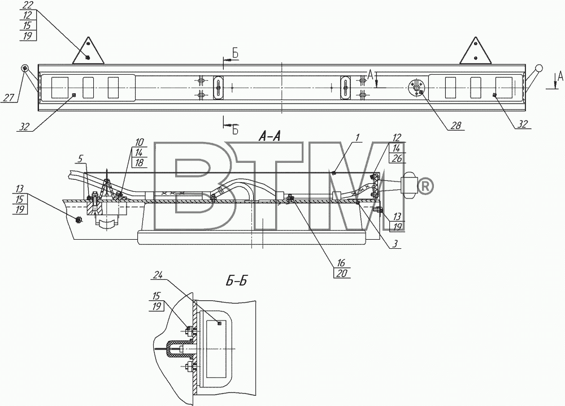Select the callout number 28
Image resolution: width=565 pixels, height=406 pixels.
coord(456,125)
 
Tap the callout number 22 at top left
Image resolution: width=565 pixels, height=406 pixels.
coord(27,5)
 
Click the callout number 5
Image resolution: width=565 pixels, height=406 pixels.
coord(81,158)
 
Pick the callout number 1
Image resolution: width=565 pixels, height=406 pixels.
coord(357,137)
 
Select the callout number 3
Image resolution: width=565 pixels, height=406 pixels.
coord(395,244)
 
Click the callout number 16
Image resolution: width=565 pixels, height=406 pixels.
coord(341,262)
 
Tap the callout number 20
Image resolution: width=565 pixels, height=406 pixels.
coord(342,274)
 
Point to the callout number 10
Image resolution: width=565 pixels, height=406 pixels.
coord(139,142)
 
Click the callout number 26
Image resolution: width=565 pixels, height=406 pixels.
coord(397,158)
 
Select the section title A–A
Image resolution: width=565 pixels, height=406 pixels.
coord(270,136)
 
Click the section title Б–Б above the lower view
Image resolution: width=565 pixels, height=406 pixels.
coord(237,280)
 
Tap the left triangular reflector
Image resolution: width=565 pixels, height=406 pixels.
coord(88,52)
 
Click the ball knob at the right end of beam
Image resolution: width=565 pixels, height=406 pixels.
coord(539,68)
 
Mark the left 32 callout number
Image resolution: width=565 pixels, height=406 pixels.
coord(24,127)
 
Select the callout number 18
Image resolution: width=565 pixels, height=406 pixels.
coord(139,163)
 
